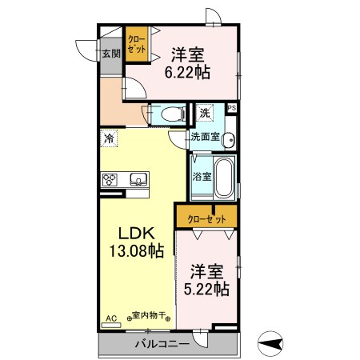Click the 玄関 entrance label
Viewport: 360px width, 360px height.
tap(110, 54)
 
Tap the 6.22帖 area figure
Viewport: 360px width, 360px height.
tap(187, 71)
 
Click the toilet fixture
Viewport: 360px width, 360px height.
tap(167, 114)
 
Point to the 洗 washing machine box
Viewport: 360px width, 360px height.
tap(205, 113)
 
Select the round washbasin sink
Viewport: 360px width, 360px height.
tap(230, 139)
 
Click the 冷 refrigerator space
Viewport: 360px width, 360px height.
tap(108, 138)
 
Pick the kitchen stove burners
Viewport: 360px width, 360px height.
tap(110, 179)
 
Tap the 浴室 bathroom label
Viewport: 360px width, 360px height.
tap(202, 176)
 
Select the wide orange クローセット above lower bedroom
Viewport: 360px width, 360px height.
tap(206, 217)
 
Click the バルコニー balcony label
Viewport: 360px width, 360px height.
tap(161, 344)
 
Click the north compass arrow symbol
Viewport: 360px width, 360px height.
tap(274, 345)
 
